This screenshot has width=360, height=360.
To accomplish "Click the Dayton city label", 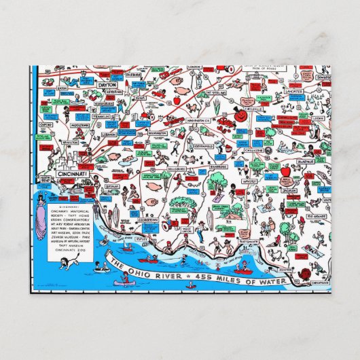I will point(107,85).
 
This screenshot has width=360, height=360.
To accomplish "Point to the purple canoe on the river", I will point(125,278).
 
